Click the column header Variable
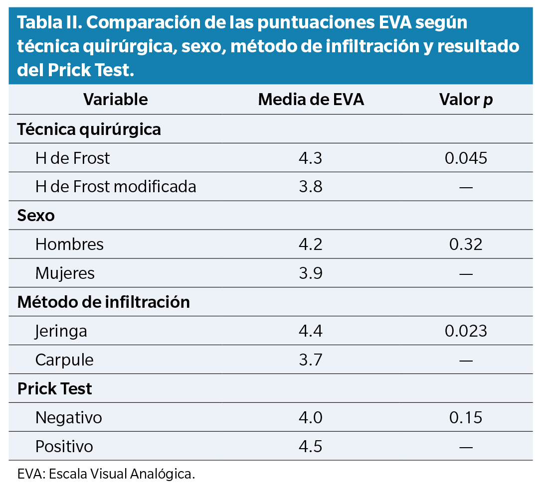pyautogui.click(x=115, y=100)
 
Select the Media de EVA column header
pyautogui.click(x=311, y=100)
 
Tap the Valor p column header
pyautogui.click(x=466, y=100)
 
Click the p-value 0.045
pyautogui.click(x=466, y=158)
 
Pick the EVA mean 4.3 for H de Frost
pyautogui.click(x=311, y=158)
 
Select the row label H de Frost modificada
pyautogui.click(x=116, y=187)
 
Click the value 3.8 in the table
pyautogui.click(x=311, y=187)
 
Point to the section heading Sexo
pyautogui.click(x=36, y=216)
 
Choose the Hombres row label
pyautogui.click(x=69, y=245)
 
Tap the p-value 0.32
pyautogui.click(x=466, y=245)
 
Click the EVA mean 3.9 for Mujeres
pyautogui.click(x=311, y=273)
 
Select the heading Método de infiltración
pyautogui.click(x=103, y=302)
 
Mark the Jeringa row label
pyautogui.click(x=61, y=331)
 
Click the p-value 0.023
pyautogui.click(x=466, y=331)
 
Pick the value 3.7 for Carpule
pyautogui.click(x=311, y=360)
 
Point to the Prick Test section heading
pyautogui.click(x=54, y=388)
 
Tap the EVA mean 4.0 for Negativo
pyautogui.click(x=311, y=417)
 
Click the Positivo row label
pyautogui.click(x=64, y=446)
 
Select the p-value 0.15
pyautogui.click(x=466, y=417)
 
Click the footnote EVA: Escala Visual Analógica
pyautogui.click(x=106, y=474)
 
